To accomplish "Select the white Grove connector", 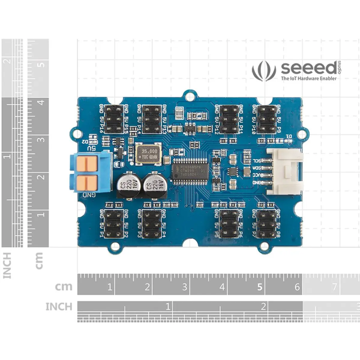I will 285,171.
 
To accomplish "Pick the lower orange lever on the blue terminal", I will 87,182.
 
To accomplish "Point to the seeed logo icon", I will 264,71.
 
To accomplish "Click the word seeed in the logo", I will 309,68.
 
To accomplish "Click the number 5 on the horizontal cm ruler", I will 260,287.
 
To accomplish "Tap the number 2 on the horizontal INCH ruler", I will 263,306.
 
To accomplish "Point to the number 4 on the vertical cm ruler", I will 41,102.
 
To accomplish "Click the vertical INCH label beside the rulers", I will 7,265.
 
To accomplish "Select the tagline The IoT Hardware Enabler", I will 308,79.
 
